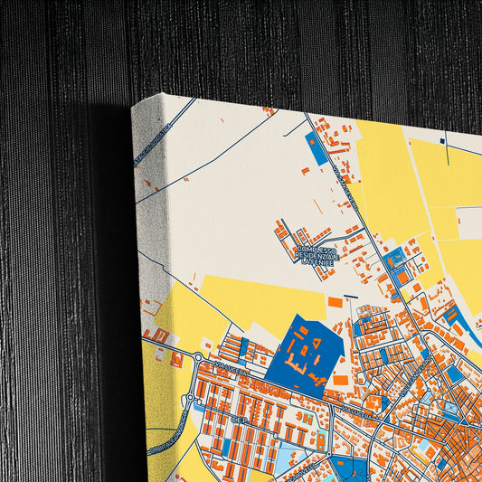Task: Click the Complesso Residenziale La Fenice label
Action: (x=316, y=255)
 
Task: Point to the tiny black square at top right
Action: (x=442, y=140)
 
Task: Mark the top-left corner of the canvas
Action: (x=133, y=105)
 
